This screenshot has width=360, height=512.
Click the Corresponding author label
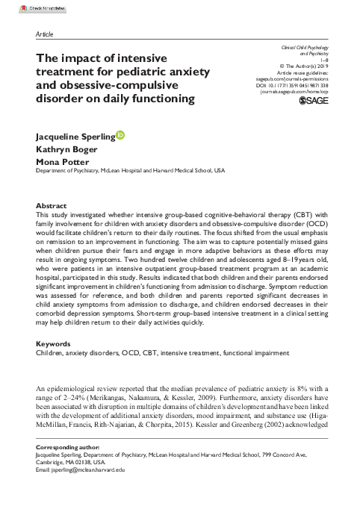click(69, 447)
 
